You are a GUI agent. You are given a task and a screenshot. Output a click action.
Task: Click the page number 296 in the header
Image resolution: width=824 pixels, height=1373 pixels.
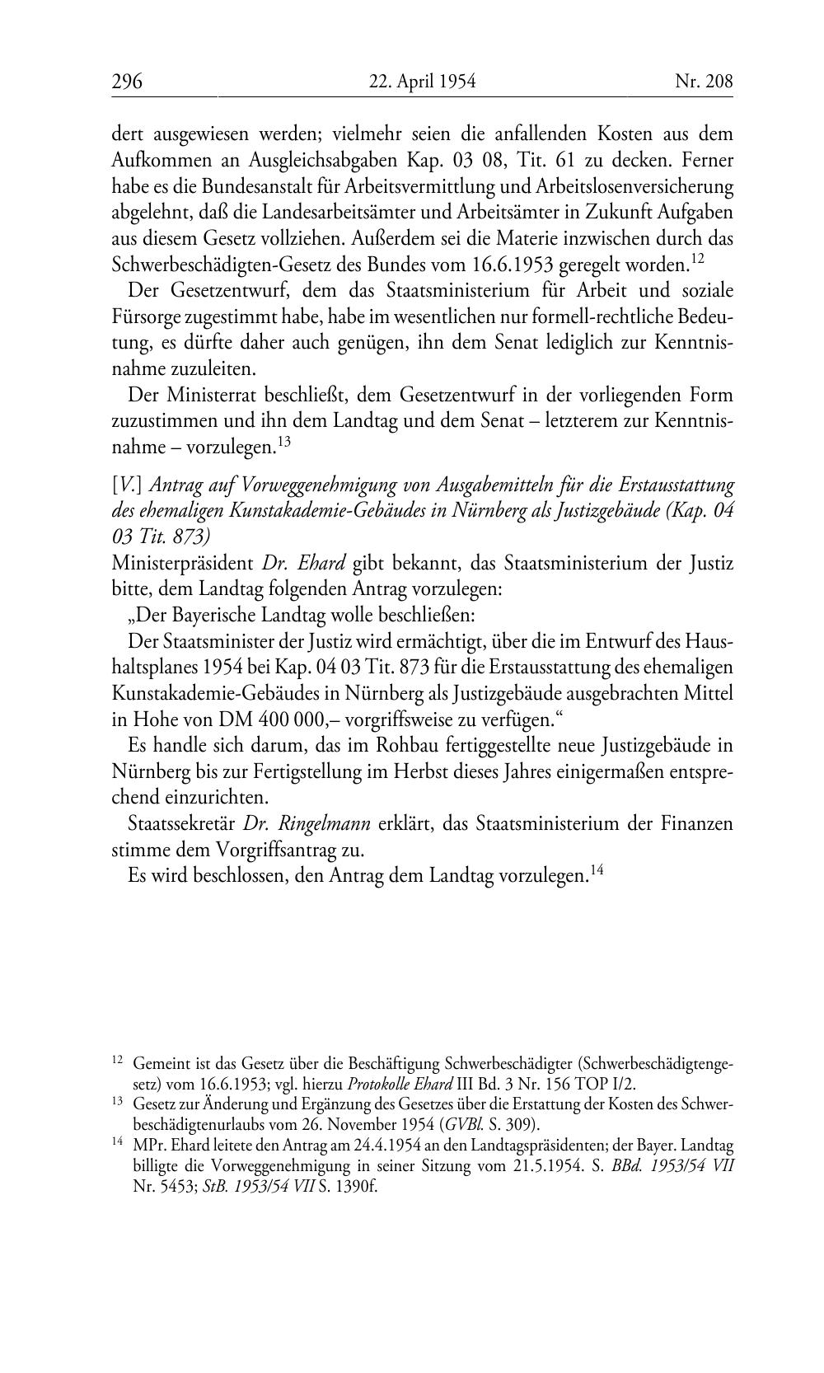pos(127,81)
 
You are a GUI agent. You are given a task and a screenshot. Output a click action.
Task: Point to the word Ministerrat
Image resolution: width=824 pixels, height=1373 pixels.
pos(205,394)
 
